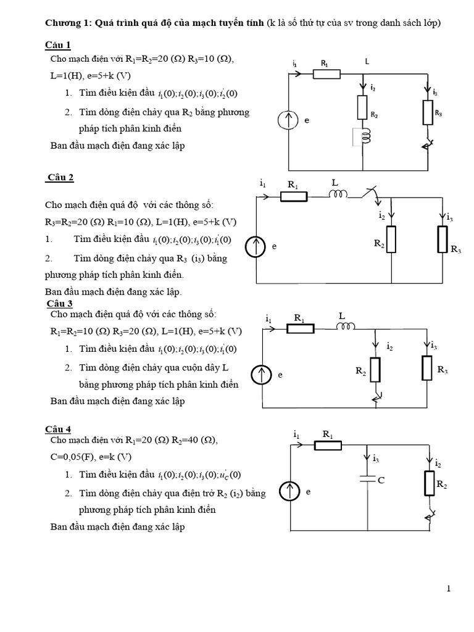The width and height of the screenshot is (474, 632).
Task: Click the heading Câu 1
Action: (x=58, y=45)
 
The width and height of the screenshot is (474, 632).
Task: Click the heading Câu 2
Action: (x=60, y=178)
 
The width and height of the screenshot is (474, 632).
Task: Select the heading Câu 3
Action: (x=60, y=304)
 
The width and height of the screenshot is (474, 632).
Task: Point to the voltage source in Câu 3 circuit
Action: (x=262, y=375)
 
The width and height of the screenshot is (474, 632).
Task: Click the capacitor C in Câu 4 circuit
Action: (x=367, y=478)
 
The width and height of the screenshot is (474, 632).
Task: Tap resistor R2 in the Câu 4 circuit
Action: (x=429, y=483)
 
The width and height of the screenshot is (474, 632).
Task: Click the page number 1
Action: (x=449, y=589)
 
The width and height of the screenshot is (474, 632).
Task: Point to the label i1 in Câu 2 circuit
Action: (x=263, y=184)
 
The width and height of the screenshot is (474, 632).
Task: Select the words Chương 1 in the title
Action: (x=69, y=23)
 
